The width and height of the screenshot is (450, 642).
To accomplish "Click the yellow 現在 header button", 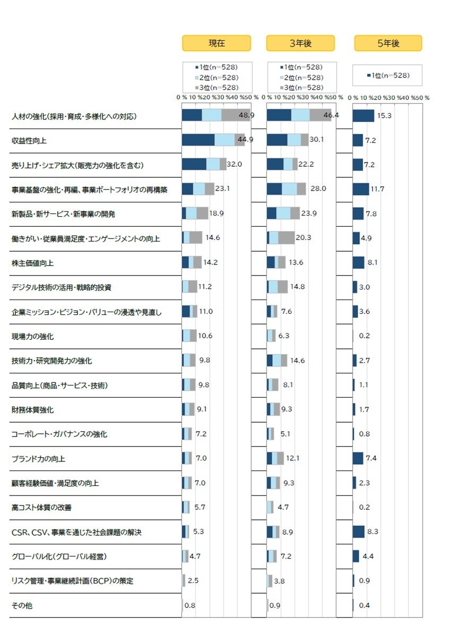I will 217,44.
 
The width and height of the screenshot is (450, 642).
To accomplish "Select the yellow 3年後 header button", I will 300,44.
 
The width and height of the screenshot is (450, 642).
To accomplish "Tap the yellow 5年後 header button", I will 388,44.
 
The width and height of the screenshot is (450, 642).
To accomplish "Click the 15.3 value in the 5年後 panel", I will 384,116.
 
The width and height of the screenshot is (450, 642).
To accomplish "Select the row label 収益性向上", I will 30,141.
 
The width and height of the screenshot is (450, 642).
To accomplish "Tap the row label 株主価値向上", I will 33,263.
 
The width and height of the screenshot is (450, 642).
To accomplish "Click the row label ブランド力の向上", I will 39,458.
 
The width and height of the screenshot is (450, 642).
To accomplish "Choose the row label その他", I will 22,605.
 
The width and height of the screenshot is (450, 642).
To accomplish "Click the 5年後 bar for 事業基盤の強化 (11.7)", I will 361,189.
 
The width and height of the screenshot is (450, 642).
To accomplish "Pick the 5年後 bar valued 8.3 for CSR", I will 359,532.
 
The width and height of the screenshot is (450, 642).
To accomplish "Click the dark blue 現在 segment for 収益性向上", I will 198,140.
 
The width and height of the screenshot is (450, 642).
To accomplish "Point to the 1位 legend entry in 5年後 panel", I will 388,75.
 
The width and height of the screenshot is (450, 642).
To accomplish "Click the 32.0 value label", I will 235,165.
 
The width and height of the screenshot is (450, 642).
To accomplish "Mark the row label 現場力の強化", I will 33,336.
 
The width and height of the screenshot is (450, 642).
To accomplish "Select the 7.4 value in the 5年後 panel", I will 371,458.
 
